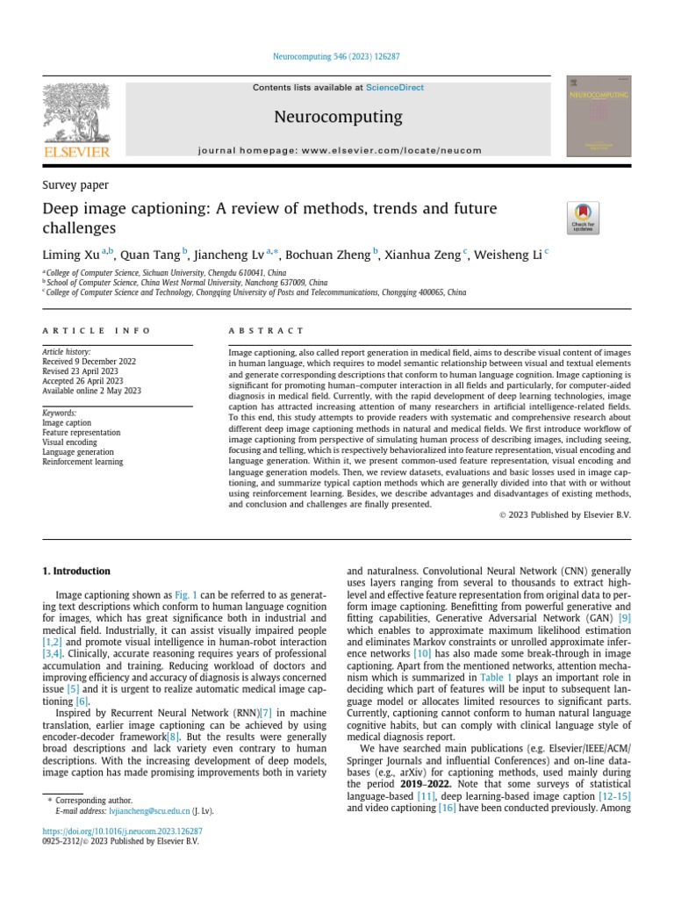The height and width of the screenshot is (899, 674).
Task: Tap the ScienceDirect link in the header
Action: tap(395, 88)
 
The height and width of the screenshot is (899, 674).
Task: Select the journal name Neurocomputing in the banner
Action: tap(339, 117)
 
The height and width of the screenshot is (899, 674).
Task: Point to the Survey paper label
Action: tap(75, 185)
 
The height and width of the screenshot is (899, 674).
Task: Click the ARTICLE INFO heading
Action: tap(97, 331)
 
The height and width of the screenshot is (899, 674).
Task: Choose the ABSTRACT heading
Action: tap(266, 331)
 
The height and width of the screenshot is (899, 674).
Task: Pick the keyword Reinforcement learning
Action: tap(82, 462)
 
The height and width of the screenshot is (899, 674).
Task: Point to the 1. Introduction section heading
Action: tap(76, 571)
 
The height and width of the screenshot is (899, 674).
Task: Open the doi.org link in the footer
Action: tap(122, 831)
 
